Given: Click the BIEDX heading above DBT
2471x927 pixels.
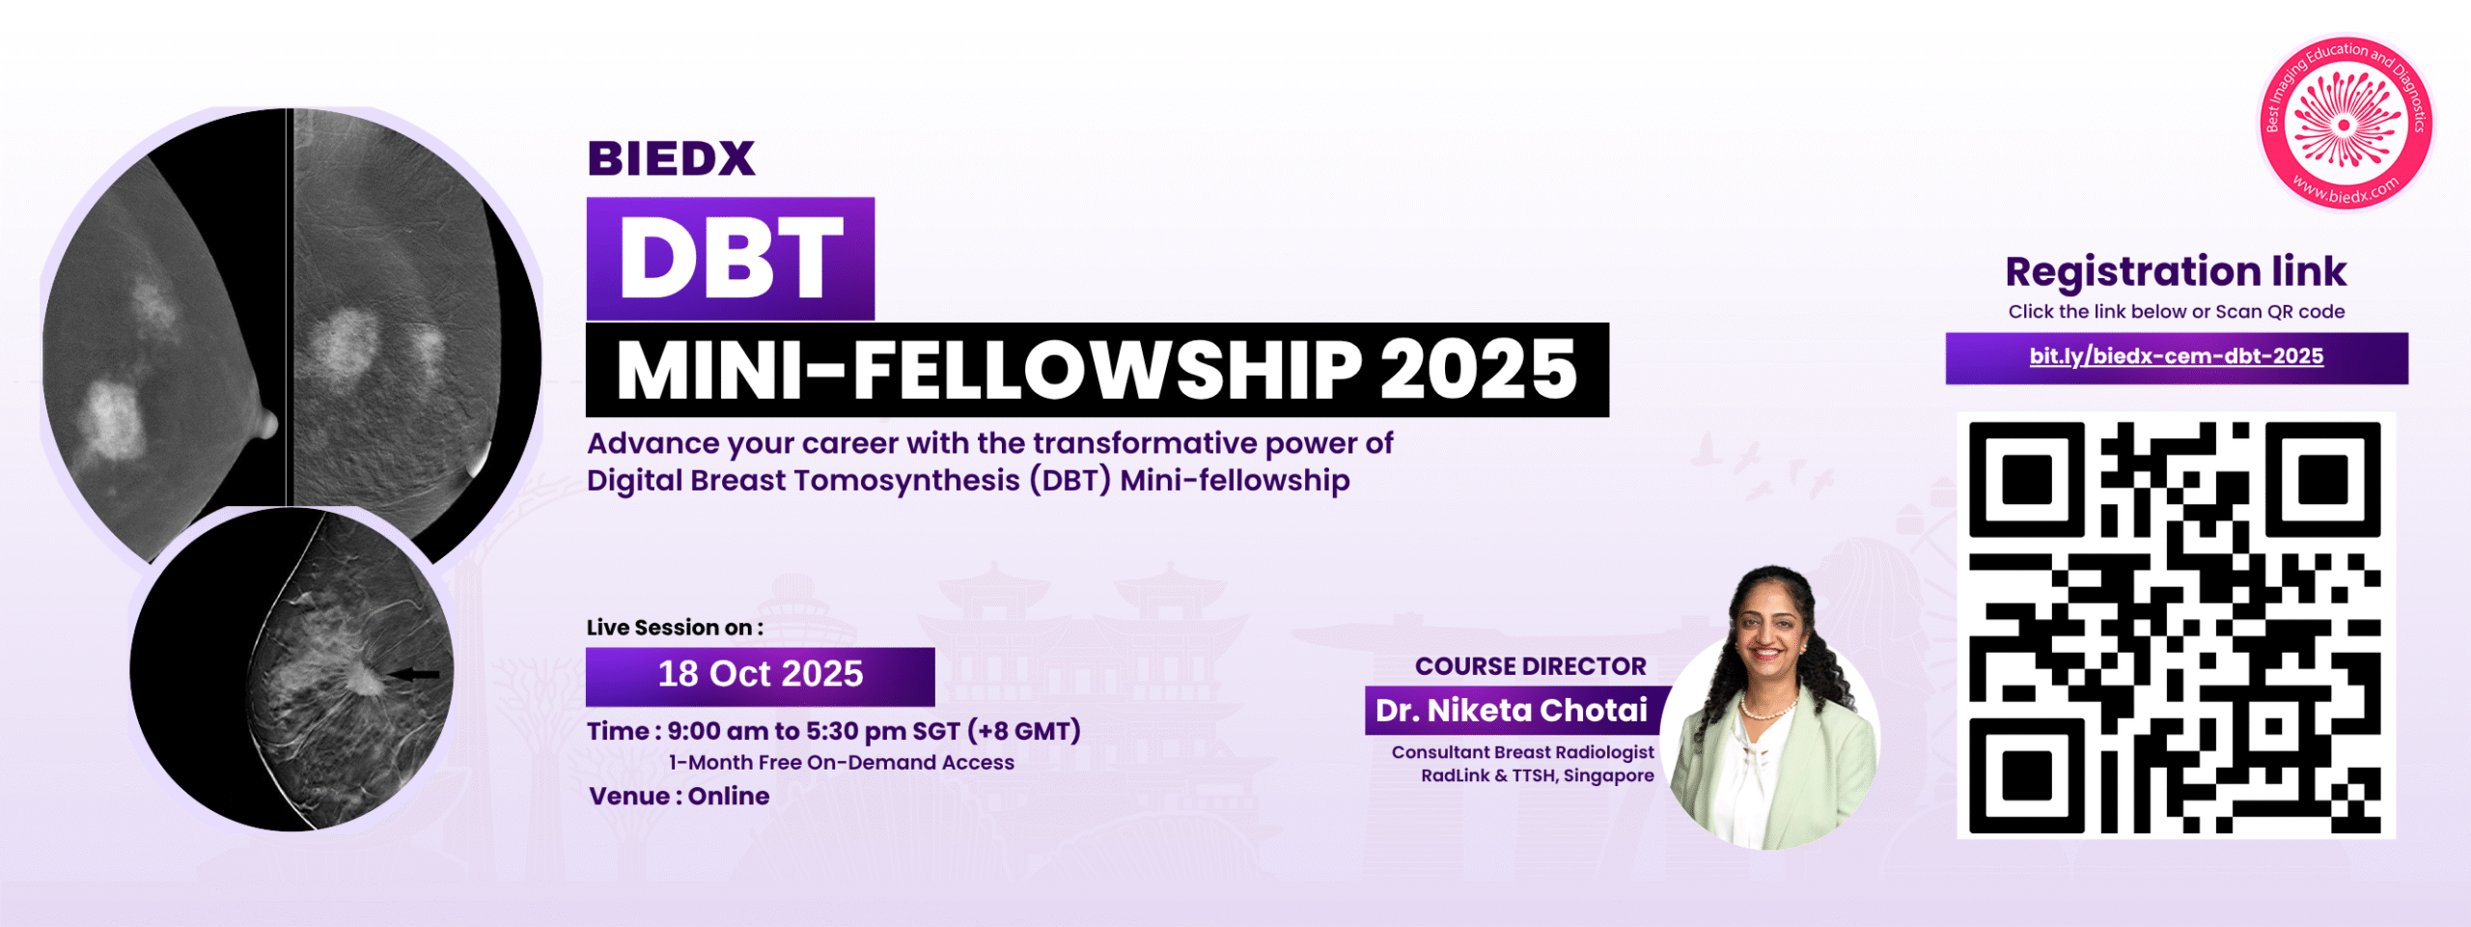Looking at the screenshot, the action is (671, 159).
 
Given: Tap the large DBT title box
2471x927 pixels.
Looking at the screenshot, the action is (731, 259).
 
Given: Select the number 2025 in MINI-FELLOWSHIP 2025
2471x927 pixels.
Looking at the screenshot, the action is (1478, 370).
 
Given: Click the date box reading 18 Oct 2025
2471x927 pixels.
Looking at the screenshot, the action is (761, 675).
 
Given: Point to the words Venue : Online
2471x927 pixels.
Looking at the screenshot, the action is (680, 797).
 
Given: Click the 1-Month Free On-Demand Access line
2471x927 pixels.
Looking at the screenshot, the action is (842, 763).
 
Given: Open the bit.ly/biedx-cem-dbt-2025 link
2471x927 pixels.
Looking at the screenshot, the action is (2177, 357).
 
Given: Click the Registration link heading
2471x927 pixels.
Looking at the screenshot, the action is (2176, 271).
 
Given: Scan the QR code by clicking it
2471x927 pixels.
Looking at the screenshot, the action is (2176, 627).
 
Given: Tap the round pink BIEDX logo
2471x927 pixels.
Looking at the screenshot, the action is (2346, 123).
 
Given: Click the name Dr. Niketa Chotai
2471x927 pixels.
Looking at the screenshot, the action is (1512, 711).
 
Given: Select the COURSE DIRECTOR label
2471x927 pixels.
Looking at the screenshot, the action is (1531, 666).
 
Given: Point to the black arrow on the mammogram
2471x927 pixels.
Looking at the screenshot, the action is (413, 674).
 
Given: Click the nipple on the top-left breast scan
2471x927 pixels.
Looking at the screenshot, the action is (266, 423).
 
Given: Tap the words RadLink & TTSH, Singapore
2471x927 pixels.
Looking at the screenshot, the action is (1538, 775).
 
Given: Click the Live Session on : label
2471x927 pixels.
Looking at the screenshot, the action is (675, 628).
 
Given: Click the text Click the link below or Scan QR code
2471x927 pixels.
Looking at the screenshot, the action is (2177, 312).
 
